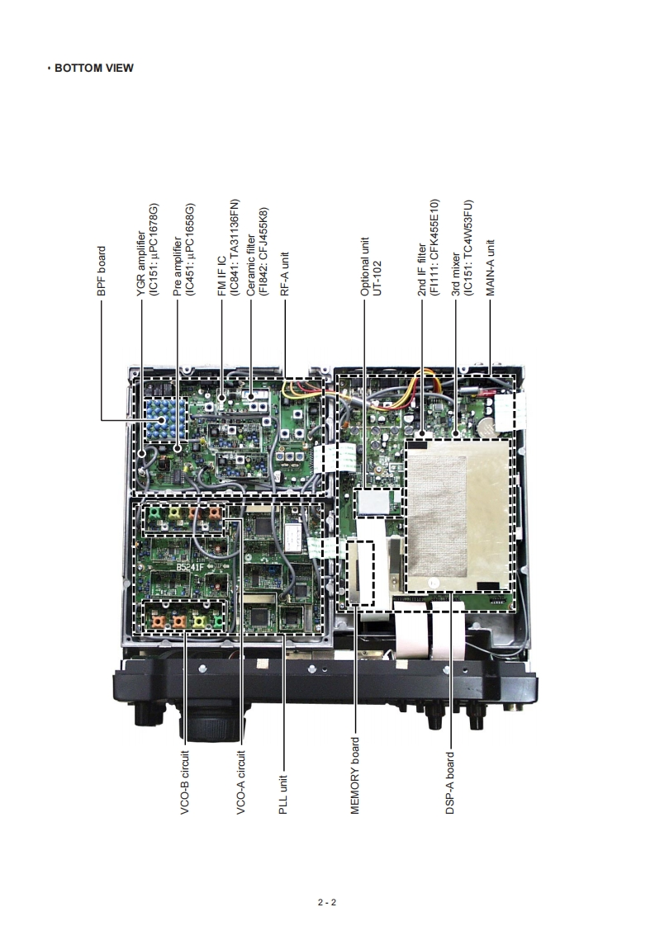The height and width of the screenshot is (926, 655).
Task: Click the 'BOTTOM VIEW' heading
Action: coord(93,68)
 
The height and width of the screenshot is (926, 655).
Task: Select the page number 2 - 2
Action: coord(327,902)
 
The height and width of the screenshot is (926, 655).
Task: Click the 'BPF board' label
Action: coord(102,272)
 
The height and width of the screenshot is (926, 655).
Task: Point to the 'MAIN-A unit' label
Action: coord(491,267)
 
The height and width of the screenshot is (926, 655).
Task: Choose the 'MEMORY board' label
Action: coord(355,776)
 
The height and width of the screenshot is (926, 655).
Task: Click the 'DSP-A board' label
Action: coord(450,782)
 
